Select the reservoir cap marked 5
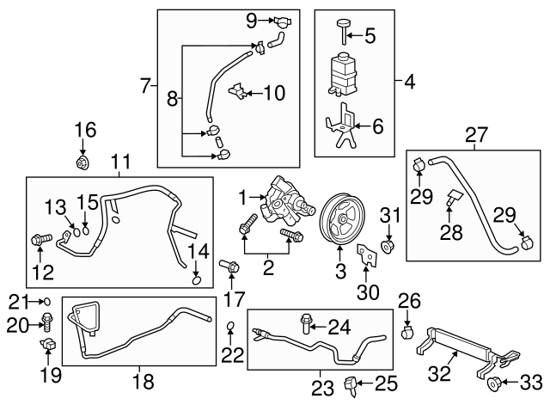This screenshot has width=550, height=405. coord(344,32)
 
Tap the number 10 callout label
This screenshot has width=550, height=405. coord(274,93)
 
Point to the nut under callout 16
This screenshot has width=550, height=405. coord(82,163)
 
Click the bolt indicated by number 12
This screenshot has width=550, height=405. coord(41,240)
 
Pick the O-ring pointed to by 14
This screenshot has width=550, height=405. coord(197,280)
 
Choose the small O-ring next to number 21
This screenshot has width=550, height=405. coord(46,302)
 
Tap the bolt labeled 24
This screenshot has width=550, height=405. coord(305,324)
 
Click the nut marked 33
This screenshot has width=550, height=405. coord(494,384)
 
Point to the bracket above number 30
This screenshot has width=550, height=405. coord(366,255)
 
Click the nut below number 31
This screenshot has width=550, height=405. coord(388,246)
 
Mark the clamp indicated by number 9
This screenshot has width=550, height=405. coord(282,22)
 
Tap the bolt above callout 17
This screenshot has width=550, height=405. coord(229,266)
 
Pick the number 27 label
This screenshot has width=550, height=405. coord(476,135)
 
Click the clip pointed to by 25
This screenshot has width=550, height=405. coord(351,386)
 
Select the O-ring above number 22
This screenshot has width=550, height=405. coord(230,327)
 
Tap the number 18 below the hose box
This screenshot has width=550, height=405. coord(144,381)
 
